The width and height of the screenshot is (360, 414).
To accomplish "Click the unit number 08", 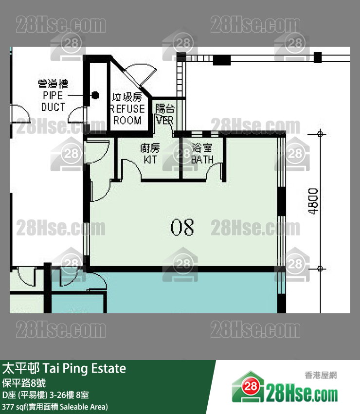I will [x=182, y=227].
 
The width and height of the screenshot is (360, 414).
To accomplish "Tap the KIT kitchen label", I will [x=150, y=153].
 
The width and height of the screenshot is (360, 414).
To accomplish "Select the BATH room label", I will [x=202, y=153].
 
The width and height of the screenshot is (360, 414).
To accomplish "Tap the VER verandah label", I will [x=165, y=114].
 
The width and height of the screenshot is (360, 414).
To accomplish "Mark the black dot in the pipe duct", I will [x=96, y=95].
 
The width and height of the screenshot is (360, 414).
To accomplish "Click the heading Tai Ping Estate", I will [x=64, y=368].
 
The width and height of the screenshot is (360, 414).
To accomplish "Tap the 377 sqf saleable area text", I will [x=55, y=407].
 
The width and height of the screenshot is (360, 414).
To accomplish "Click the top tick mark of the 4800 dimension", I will [x=320, y=133].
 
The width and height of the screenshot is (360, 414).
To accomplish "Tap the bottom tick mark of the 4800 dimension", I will [x=320, y=268].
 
